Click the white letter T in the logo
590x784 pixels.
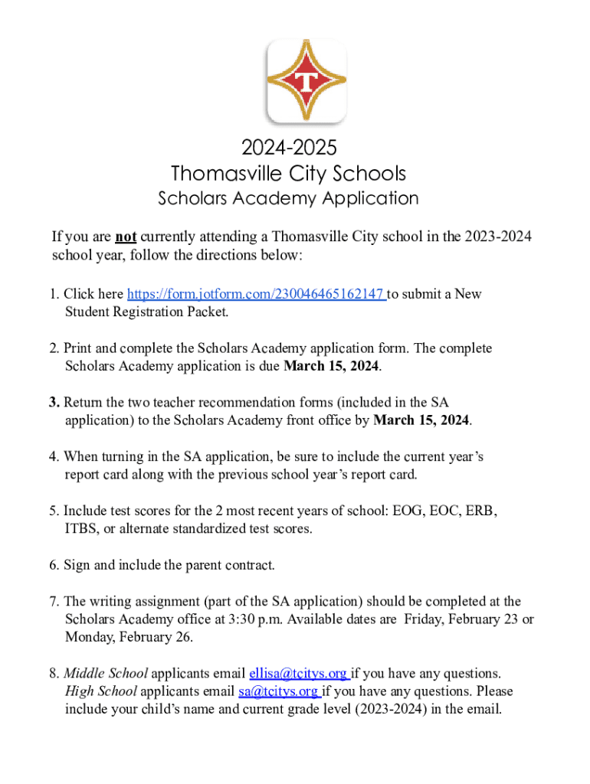pos(306,80)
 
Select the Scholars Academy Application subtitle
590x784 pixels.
pos(288,198)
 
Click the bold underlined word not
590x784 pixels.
pos(126,237)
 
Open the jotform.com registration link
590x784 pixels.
pos(256,294)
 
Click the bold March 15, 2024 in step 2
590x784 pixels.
pos(331,366)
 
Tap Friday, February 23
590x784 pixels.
pos(461,619)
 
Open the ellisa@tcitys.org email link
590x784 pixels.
pos(298,674)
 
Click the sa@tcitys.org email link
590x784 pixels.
pos(278,691)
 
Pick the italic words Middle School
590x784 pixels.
pos(106,674)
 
